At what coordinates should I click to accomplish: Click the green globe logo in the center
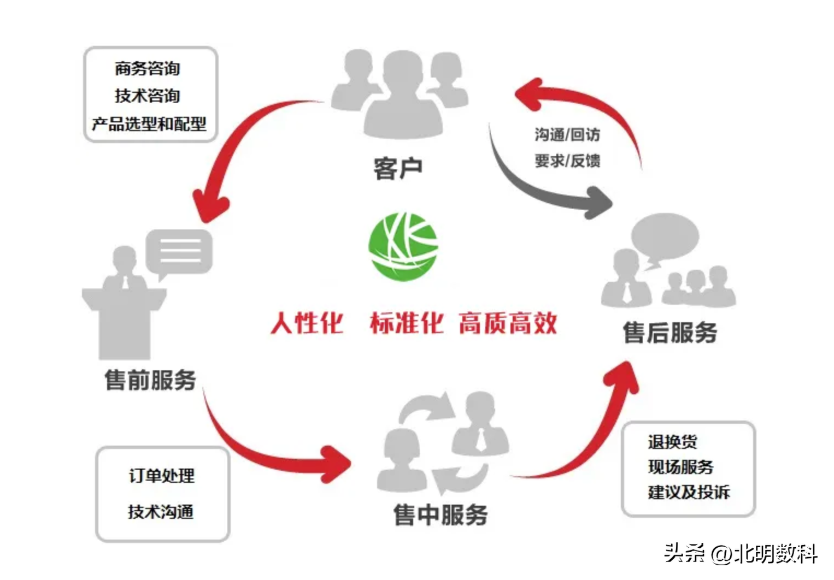tap(403, 246)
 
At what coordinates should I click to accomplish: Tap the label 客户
tap(398, 168)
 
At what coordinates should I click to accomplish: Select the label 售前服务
tap(150, 380)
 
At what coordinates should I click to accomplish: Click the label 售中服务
tap(441, 514)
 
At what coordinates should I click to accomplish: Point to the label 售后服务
tap(670, 333)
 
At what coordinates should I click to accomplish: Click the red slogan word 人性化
tap(307, 323)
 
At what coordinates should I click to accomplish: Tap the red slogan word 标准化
tap(407, 323)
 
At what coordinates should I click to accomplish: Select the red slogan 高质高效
tap(508, 323)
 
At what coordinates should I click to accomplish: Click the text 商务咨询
tap(148, 69)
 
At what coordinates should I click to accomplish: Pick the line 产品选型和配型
tap(149, 124)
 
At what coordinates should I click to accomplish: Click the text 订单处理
tap(162, 476)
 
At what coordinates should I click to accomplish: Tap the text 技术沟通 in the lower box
tap(161, 512)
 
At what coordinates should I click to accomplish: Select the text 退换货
tap(672, 441)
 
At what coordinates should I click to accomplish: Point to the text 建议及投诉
tap(689, 492)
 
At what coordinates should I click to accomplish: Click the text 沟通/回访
tap(567, 134)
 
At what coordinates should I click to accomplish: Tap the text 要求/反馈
tap(567, 161)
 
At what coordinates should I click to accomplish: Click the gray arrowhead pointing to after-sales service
tap(599, 202)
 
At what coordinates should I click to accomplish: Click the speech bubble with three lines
tap(179, 252)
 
